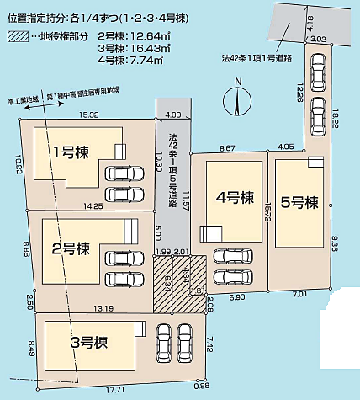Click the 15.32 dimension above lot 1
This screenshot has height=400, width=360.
(x=89, y=115)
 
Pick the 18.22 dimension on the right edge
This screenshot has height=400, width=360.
(x=336, y=122)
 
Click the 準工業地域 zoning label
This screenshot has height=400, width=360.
(x=20, y=100)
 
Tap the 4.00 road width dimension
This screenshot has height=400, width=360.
(x=173, y=115)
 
